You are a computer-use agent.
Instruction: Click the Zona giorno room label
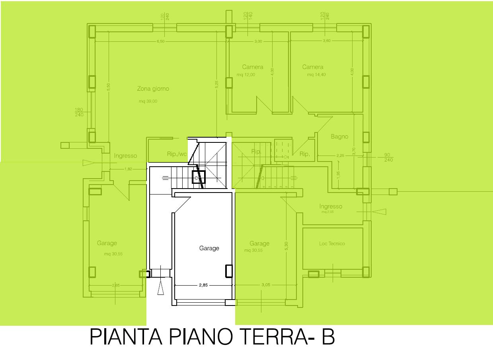click(x=153, y=89)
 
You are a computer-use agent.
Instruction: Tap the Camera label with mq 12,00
click(x=253, y=67)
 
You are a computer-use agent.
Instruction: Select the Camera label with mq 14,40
click(x=312, y=67)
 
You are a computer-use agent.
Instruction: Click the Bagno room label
click(x=339, y=136)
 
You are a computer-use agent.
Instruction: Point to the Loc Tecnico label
click(x=332, y=243)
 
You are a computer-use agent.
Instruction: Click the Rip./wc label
click(x=177, y=154)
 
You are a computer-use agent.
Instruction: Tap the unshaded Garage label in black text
click(x=209, y=248)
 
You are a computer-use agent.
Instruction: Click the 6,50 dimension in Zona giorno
click(x=160, y=41)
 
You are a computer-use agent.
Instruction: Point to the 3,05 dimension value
click(x=266, y=285)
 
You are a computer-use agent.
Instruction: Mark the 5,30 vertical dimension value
click(x=286, y=246)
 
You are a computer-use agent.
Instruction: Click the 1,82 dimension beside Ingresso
click(x=128, y=169)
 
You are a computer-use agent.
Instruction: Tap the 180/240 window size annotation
click(x=79, y=112)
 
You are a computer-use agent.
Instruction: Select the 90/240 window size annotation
click(x=388, y=158)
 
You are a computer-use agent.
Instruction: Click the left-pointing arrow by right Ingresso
click(x=380, y=212)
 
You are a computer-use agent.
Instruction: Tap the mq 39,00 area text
click(x=148, y=101)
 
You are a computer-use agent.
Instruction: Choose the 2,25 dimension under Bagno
click(x=340, y=156)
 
